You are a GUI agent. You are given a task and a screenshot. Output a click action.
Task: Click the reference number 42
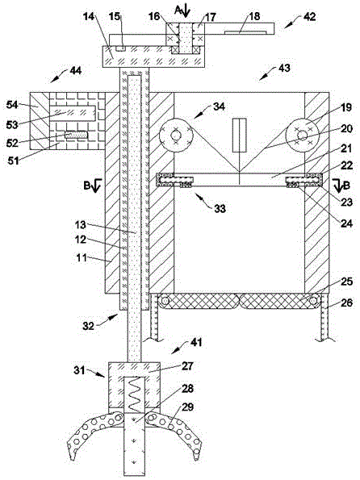[309, 16]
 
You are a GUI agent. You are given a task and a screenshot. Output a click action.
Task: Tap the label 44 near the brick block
[75, 71]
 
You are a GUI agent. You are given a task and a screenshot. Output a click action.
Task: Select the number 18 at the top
[254, 16]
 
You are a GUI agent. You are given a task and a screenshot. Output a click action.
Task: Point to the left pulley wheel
[175, 135]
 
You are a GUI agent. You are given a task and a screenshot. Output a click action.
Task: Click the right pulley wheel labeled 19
[303, 134]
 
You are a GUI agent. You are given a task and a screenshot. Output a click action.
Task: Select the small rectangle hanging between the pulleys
[240, 135]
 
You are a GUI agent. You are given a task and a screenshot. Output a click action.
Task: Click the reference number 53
[12, 124]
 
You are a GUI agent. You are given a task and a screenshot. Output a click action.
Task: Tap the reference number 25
[346, 282]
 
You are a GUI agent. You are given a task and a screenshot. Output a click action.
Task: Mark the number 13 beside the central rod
[81, 225]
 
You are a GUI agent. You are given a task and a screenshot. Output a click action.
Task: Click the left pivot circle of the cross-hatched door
[165, 301]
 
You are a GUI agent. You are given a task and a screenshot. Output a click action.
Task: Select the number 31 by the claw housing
[79, 370]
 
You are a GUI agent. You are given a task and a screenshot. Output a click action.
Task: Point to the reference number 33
[220, 209]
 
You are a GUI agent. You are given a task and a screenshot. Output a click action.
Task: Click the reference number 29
[188, 407]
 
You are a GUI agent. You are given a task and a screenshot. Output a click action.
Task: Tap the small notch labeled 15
[121, 48]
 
